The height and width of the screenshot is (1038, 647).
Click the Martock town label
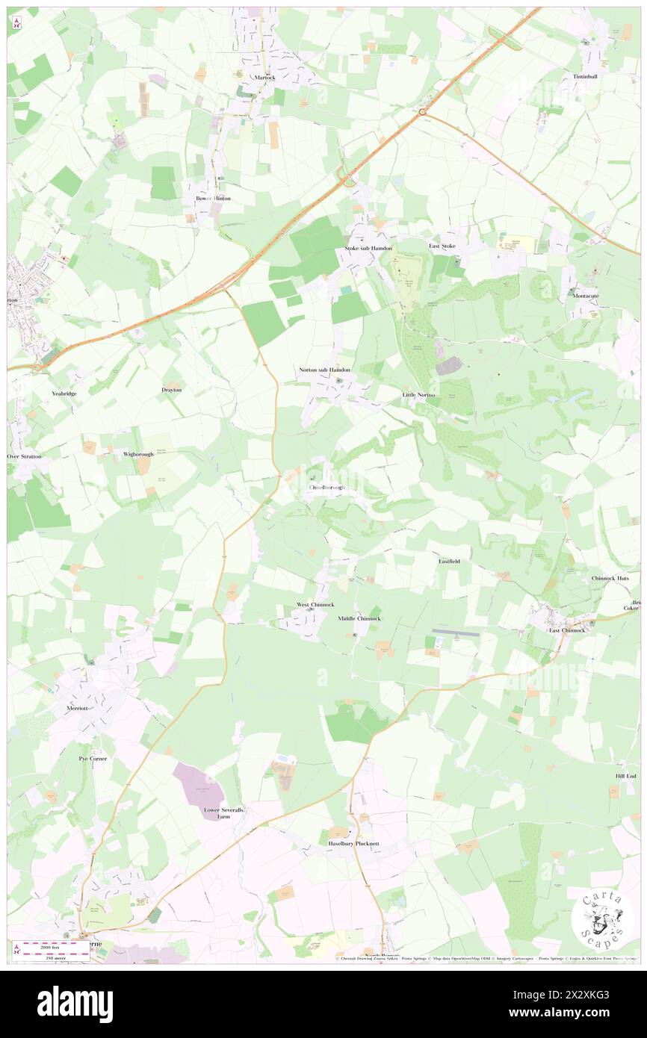[264, 77]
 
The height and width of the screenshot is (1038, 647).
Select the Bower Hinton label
[213, 199]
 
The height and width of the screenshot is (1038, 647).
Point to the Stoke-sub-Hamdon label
[363, 247]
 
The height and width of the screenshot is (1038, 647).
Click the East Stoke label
[442, 246]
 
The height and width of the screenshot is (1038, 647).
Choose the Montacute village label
[586, 296]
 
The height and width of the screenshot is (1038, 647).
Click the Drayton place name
[172, 390]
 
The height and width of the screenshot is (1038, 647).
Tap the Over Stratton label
[25, 456]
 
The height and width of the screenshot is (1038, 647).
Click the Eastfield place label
[449, 560]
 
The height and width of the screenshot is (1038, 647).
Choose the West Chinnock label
[315, 604]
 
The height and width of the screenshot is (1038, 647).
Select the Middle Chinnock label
[359, 618]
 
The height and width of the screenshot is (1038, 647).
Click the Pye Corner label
[93, 759]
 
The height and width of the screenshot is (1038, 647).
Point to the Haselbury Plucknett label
[354, 843]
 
